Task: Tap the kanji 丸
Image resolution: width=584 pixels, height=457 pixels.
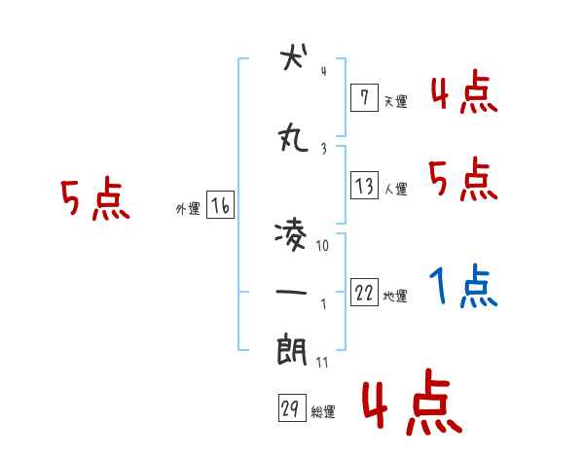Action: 292,140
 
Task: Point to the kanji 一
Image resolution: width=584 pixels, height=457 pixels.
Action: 292,293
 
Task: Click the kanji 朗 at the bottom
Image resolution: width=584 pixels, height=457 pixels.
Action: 292,350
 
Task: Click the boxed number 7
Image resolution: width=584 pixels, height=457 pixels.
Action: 364,97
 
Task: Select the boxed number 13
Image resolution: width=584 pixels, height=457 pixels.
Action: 364,186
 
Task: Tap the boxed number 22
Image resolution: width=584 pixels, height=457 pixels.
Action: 364,293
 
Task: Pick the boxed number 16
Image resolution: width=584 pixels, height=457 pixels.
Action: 220,205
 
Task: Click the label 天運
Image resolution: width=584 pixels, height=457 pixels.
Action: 396,101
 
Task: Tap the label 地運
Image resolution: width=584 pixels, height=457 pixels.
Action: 396,297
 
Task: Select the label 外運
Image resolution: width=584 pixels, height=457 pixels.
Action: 187,209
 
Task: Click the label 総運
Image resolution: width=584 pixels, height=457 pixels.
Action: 323,412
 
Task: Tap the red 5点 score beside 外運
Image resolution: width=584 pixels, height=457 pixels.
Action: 94,200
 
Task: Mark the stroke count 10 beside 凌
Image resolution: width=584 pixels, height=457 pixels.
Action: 323,247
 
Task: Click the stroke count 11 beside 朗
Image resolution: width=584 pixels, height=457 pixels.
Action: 323,362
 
